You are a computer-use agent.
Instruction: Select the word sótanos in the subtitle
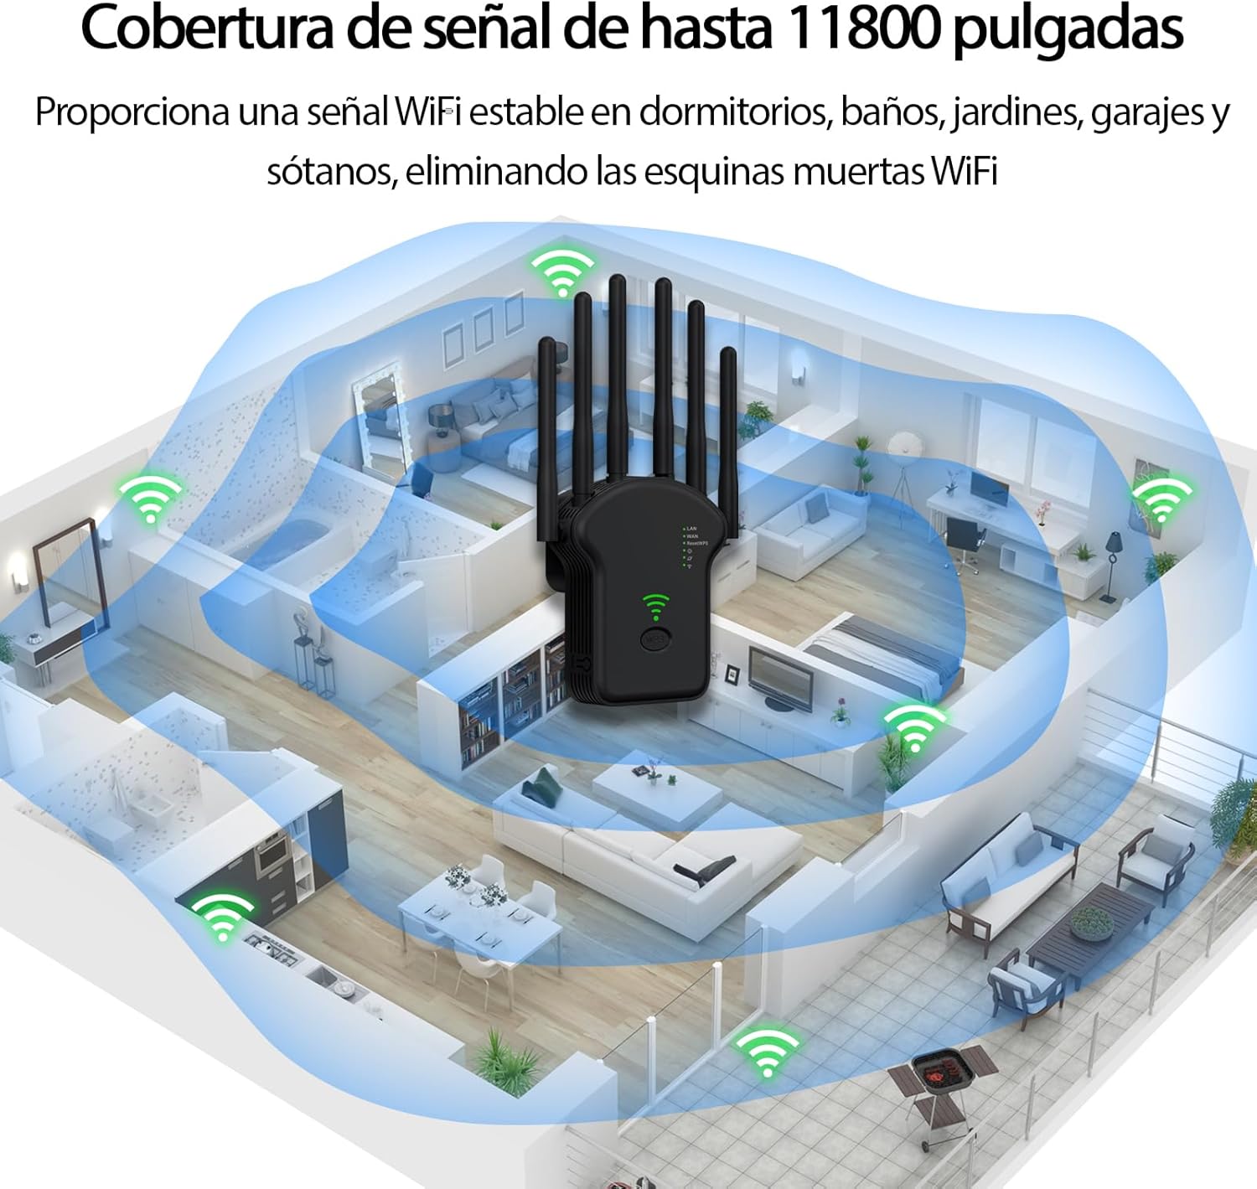tap(330, 172)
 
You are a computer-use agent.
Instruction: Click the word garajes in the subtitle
tap(1146, 113)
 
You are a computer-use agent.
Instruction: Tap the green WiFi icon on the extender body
tap(656, 606)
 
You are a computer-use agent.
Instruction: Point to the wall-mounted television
tap(780, 678)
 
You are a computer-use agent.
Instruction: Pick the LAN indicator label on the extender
tap(691, 529)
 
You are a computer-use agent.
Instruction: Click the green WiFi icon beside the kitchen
tap(222, 914)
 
